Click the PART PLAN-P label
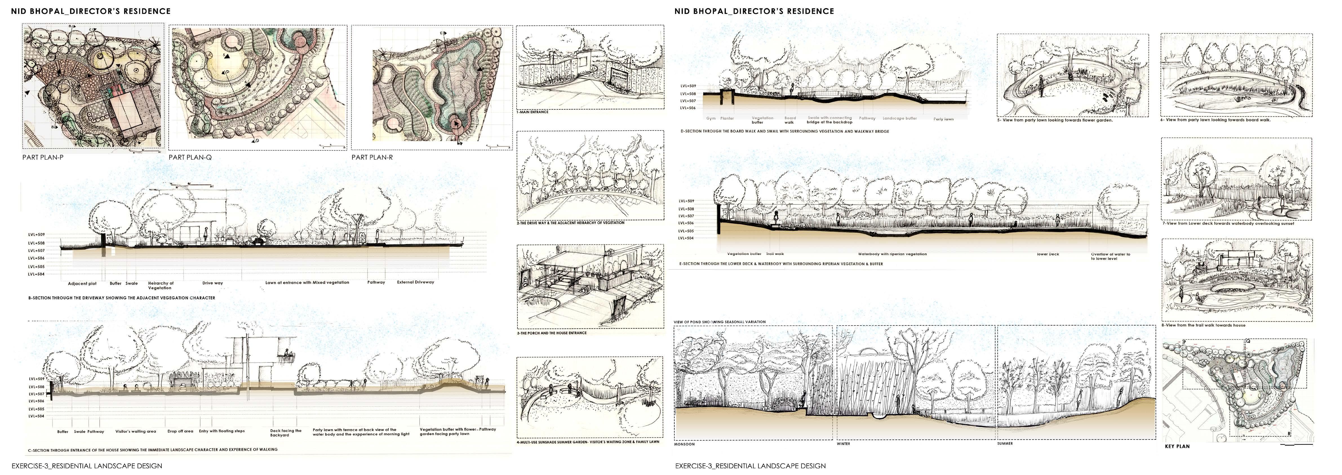(43, 157)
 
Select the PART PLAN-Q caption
(190, 157)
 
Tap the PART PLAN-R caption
(372, 157)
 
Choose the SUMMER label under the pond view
(1005, 444)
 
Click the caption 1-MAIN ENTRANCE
(533, 112)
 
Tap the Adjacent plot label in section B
(82, 284)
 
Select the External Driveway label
(415, 282)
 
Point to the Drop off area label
(180, 431)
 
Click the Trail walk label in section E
(775, 254)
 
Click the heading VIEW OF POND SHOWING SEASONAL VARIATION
(719, 322)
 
